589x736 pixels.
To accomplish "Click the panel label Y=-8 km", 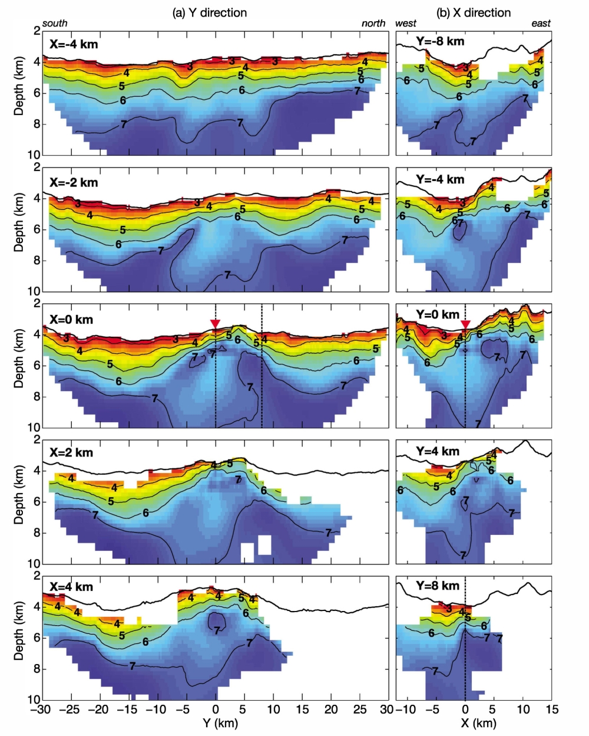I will coord(440,41).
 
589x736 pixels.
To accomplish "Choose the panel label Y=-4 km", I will coord(440,179).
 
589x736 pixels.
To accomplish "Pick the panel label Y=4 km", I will coord(438,452).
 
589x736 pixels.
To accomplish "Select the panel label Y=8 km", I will coord(438,586).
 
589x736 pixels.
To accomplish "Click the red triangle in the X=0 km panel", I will coord(216,323).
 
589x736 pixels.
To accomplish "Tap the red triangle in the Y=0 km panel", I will coord(466,324).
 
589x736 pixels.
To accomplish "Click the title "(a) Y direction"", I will coord(209,12).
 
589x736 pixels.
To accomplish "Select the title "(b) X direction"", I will coord(473,12).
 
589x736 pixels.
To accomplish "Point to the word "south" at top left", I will coord(55,24).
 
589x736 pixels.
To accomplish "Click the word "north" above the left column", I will coord(373,24).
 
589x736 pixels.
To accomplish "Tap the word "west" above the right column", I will coord(406,24).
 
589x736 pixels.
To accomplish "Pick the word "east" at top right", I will coord(541,24).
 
